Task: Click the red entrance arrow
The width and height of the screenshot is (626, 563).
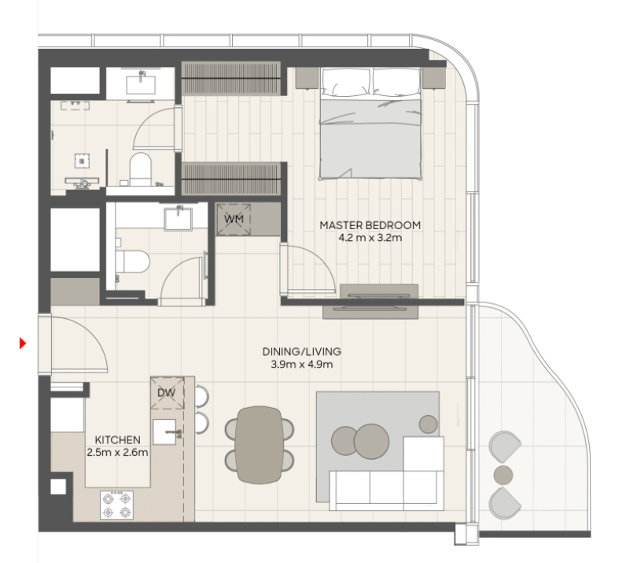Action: tap(23, 343)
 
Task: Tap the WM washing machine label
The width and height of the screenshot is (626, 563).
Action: tap(234, 219)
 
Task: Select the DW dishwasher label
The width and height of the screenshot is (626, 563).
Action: tap(167, 393)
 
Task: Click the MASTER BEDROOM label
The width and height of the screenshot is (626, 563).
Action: tap(370, 225)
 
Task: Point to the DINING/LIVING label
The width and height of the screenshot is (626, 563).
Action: tap(302, 351)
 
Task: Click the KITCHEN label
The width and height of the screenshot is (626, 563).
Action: tap(117, 440)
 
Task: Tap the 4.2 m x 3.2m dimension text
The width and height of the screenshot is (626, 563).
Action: tap(370, 238)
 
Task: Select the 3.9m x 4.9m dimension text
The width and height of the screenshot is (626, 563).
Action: tap(302, 365)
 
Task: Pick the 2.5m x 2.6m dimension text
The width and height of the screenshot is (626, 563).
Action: tap(117, 453)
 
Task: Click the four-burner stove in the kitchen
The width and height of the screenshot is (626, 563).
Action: tap(116, 505)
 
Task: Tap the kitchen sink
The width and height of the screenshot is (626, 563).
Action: tap(164, 432)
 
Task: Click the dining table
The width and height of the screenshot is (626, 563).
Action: tap(260, 445)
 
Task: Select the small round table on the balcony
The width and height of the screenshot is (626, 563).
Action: tap(503, 475)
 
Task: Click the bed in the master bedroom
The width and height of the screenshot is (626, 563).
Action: tap(370, 124)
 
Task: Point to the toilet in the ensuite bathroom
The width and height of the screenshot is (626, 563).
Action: tap(141, 169)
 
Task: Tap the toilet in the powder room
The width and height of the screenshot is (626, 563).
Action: tap(132, 261)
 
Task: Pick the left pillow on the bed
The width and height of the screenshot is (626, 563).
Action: tap(345, 82)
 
